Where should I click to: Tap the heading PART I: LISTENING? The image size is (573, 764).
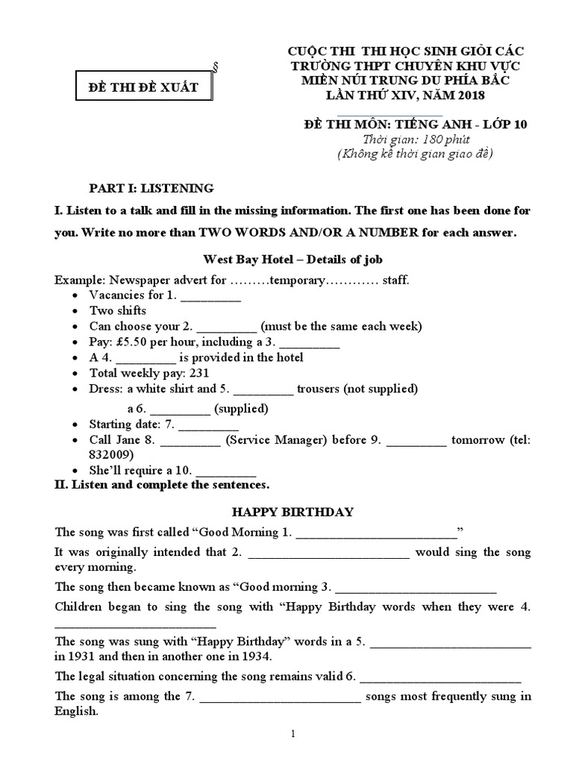pyautogui.click(x=151, y=188)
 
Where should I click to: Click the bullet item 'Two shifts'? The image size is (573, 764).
pyautogui.click(x=118, y=310)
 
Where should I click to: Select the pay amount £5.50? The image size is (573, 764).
pyautogui.click(x=144, y=342)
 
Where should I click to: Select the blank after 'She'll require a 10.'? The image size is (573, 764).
pyautogui.click(x=225, y=470)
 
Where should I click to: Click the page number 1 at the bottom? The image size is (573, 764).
pyautogui.click(x=293, y=733)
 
